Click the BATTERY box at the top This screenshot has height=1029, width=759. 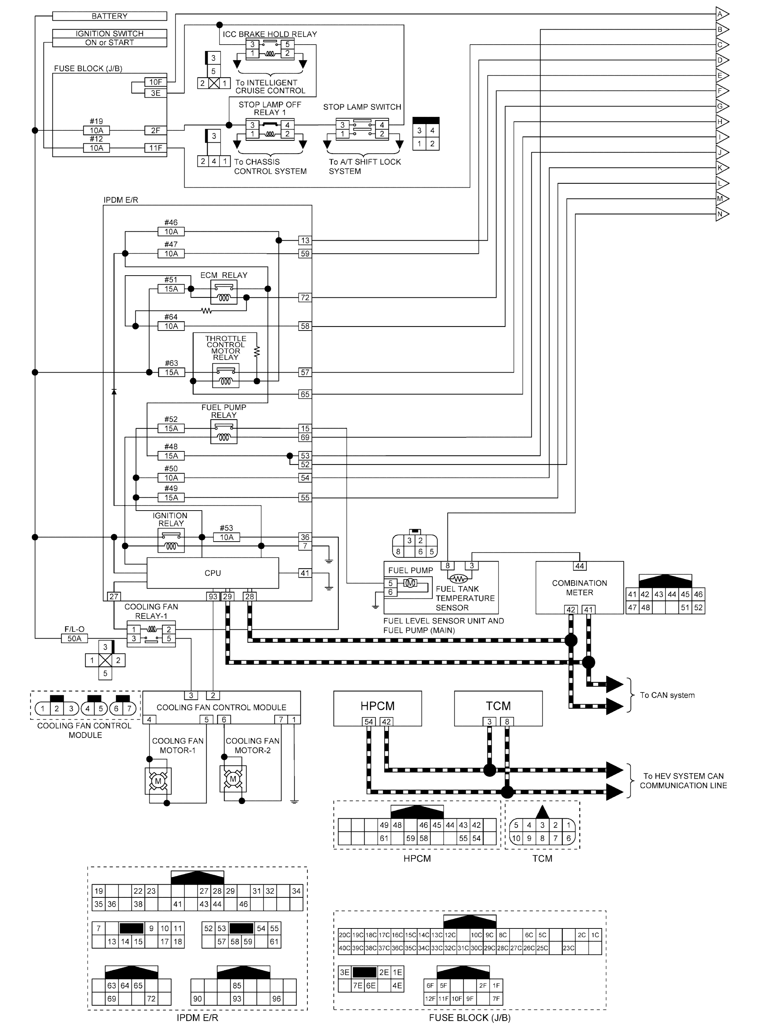[x=109, y=16]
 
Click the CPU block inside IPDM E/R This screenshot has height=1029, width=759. [x=212, y=573]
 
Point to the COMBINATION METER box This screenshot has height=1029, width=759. [x=579, y=588]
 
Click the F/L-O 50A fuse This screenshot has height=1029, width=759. [x=74, y=638]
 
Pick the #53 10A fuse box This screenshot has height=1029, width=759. [x=227, y=537]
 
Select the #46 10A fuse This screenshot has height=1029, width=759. [x=171, y=232]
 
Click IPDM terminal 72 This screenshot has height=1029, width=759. [x=305, y=298]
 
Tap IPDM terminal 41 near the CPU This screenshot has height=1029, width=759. [x=305, y=573]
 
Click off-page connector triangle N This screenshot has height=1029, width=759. [x=721, y=214]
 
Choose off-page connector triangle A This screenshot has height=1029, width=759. [x=721, y=14]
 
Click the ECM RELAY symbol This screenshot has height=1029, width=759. [x=224, y=293]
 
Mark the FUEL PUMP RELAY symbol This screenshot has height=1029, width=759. [x=224, y=432]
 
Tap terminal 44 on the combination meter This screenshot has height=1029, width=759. [x=579, y=566]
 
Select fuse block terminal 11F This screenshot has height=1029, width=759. [x=155, y=148]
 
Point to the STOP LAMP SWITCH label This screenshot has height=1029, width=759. [x=362, y=107]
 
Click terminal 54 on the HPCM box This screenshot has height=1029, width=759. [x=368, y=722]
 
